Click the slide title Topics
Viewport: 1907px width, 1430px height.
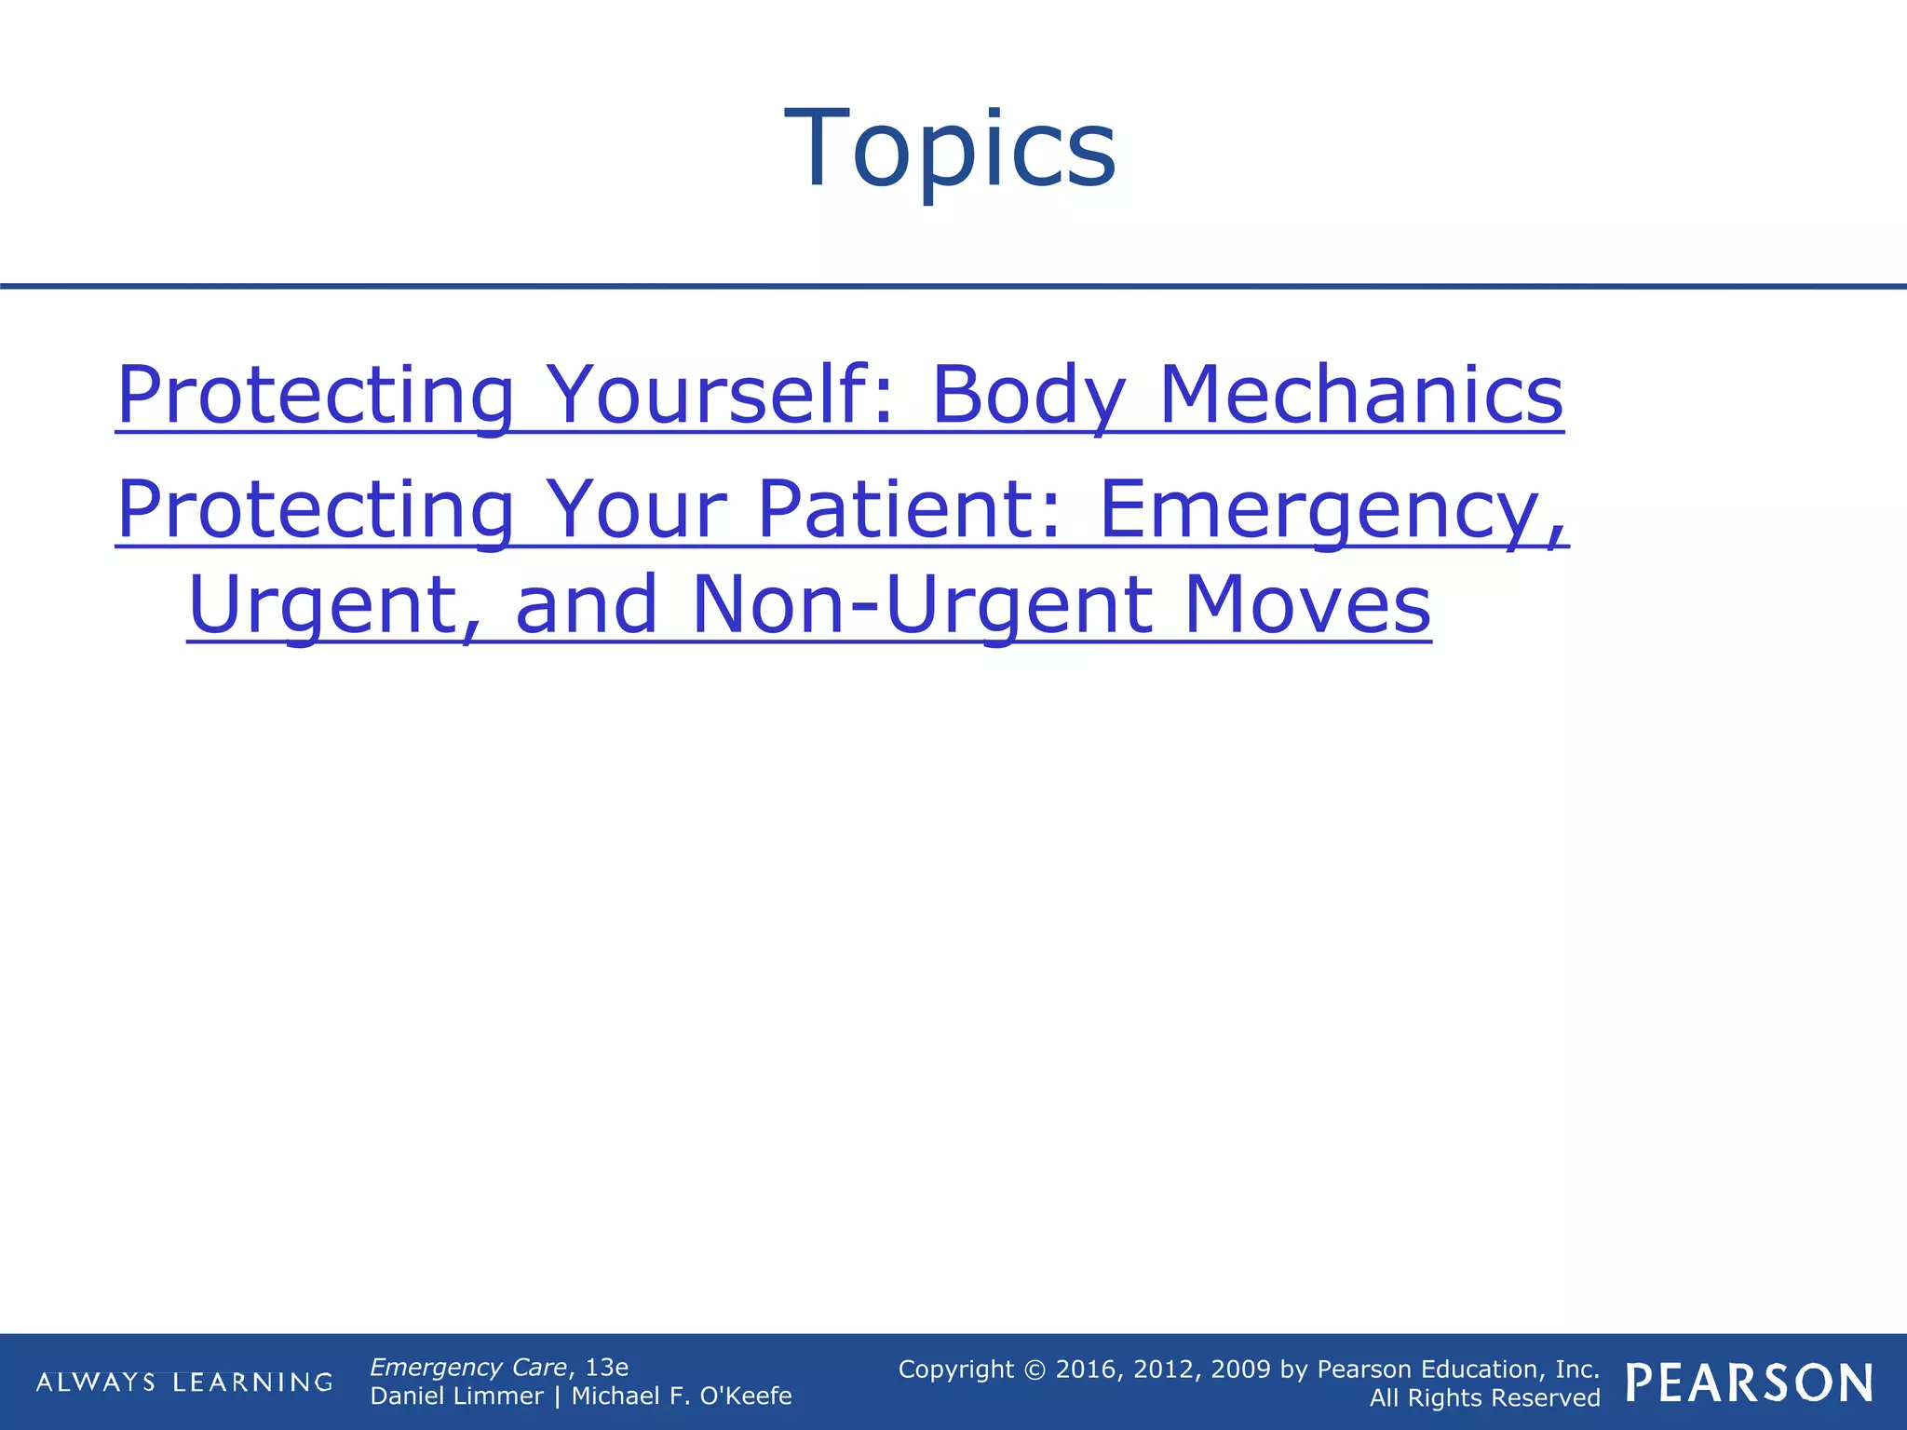(951, 149)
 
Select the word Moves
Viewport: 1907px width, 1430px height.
(1307, 605)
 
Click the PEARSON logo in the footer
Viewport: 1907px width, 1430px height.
(1750, 1383)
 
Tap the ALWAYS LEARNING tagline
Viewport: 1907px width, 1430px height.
(184, 1382)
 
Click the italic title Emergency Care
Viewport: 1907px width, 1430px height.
(468, 1367)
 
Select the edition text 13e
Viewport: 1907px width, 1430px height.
(606, 1367)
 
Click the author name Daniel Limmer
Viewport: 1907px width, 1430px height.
(456, 1396)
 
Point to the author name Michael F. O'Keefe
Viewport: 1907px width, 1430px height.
(682, 1396)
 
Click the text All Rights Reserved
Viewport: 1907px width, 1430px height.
(1484, 1397)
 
